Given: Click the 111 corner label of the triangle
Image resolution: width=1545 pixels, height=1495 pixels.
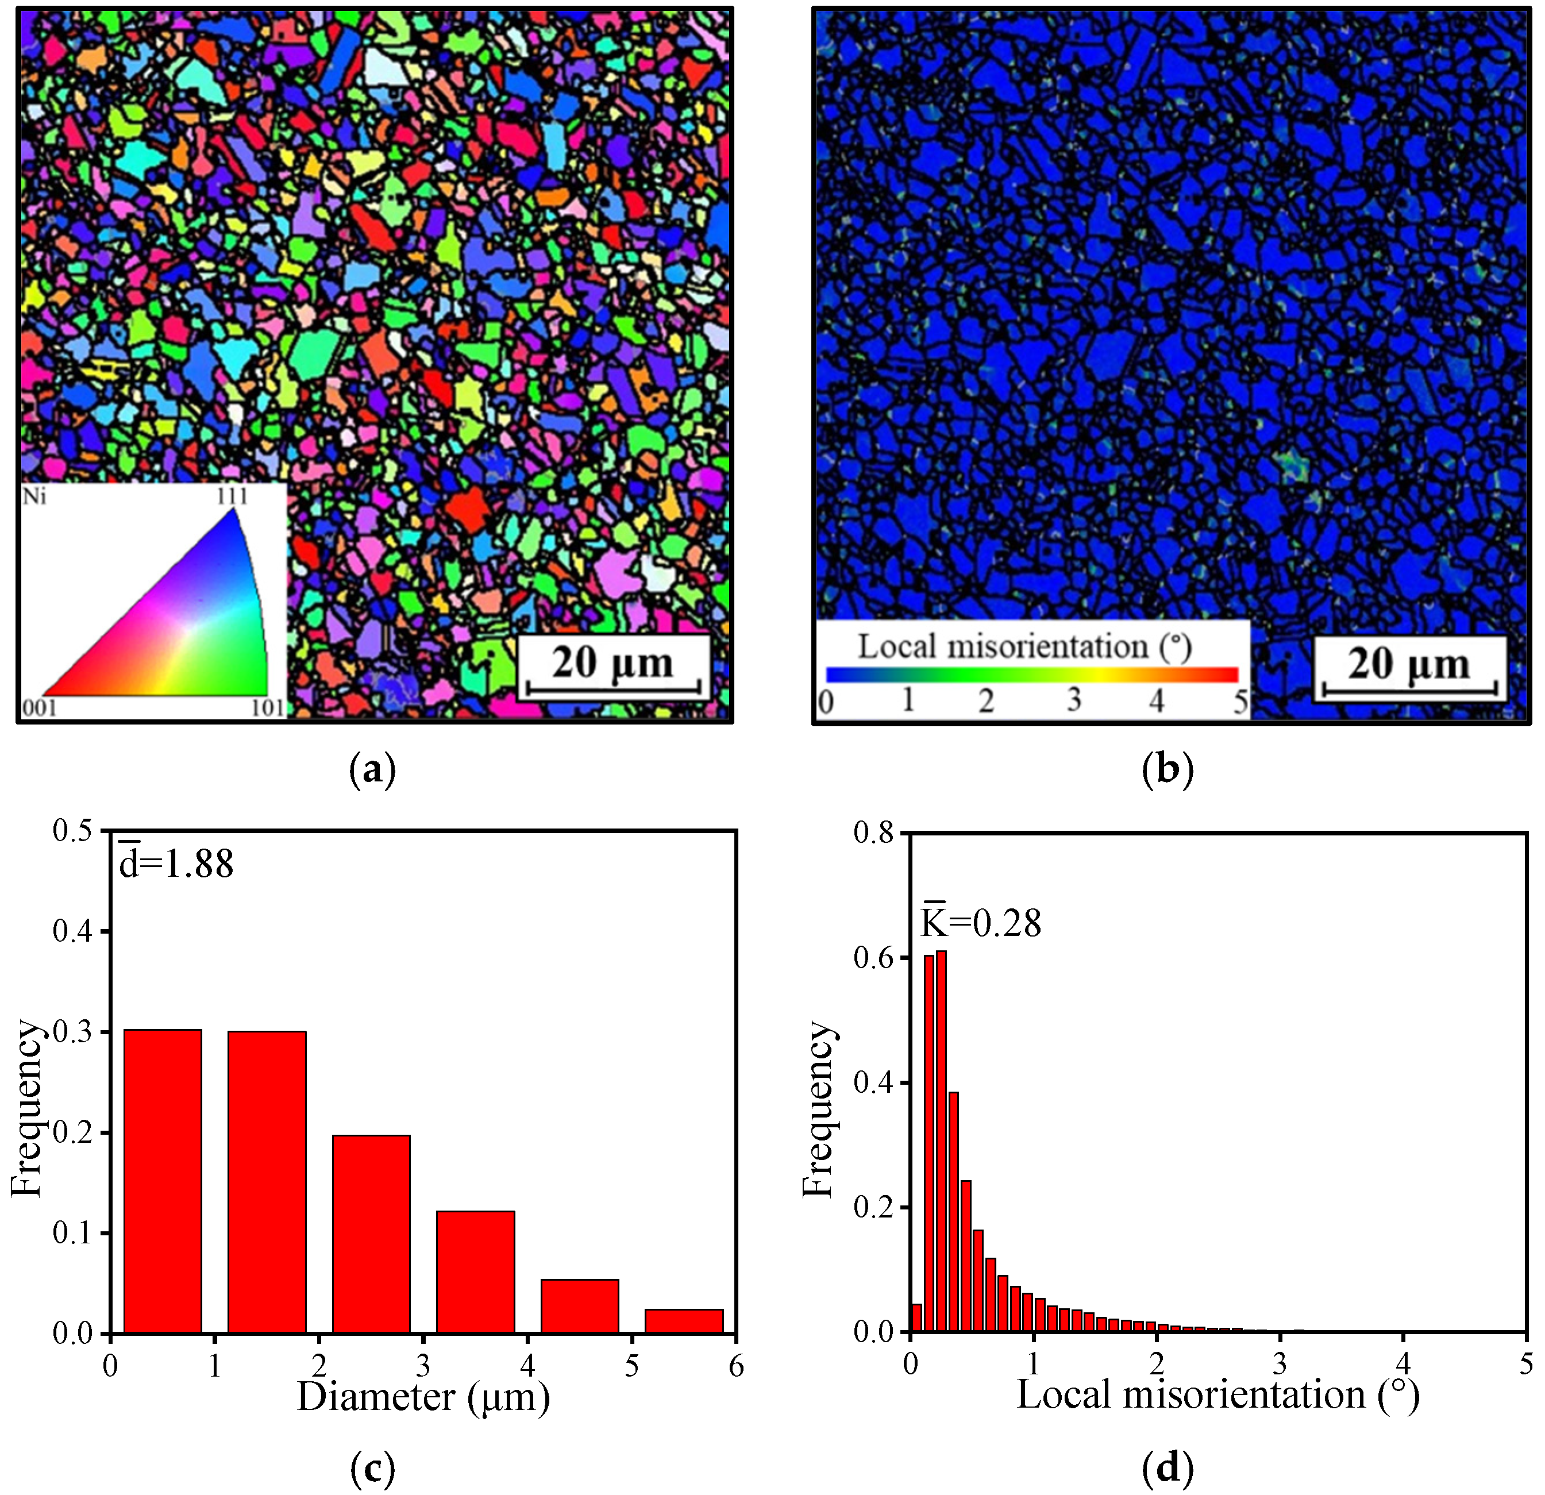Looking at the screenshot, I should click(233, 496).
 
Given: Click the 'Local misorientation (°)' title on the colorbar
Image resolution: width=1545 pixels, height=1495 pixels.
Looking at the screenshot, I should click(1024, 647).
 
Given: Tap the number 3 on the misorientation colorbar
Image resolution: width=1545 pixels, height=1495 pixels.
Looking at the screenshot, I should click(1074, 700).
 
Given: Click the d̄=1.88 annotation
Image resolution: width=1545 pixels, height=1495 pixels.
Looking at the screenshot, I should click(176, 863).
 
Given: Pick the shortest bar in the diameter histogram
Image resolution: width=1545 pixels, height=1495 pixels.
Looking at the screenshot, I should click(683, 1321).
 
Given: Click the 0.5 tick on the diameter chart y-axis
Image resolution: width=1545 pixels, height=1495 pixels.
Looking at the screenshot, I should click(72, 831).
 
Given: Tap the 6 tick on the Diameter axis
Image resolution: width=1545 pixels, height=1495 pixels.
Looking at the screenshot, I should click(735, 1366).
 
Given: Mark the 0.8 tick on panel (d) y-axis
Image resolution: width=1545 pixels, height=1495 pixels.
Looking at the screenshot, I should click(873, 833).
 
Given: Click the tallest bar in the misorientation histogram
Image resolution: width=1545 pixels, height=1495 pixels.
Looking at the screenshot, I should click(941, 1143).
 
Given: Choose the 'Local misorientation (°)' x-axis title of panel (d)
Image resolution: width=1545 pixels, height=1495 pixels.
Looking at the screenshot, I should click(1218, 1395).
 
